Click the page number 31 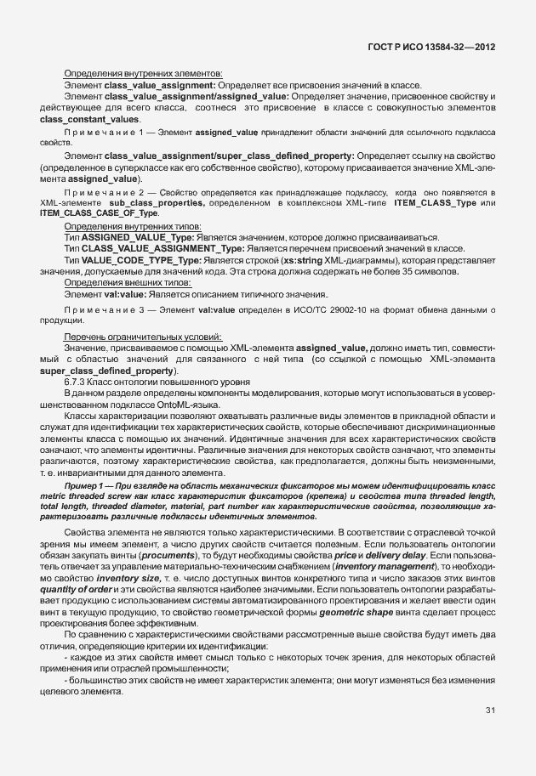pyautogui.click(x=489, y=710)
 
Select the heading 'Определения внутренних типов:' pyautogui.click(x=132, y=227)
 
